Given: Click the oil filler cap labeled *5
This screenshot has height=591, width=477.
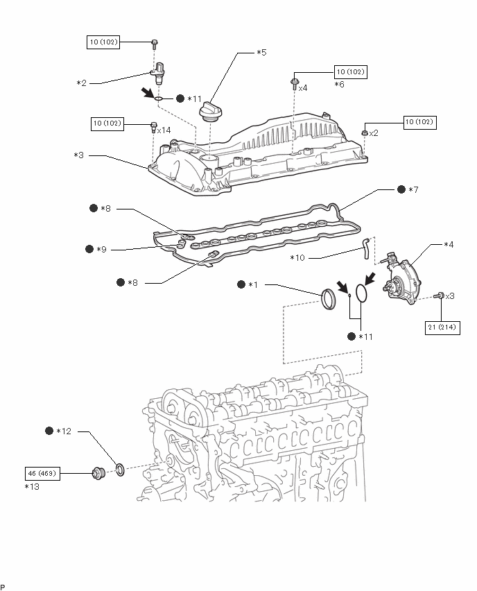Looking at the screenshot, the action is tap(210, 112).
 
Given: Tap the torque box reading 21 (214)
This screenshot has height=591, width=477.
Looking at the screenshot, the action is tap(442, 327).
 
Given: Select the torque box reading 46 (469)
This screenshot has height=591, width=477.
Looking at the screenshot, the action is tap(42, 473).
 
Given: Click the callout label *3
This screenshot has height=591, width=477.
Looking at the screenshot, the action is tap(79, 155).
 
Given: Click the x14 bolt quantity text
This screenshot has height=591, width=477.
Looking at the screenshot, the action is tap(164, 130).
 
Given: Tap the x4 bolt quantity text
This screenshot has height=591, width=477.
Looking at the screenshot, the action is tap(303, 88).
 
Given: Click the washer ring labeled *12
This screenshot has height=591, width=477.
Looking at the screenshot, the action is tap(120, 470).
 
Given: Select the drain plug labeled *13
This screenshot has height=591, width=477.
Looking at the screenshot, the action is tap(98, 472).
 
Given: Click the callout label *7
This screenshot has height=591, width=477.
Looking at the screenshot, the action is tap(413, 189).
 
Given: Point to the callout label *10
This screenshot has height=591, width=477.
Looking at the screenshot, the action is tap(297, 258).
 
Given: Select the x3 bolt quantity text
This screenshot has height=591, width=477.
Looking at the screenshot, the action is tap(450, 296).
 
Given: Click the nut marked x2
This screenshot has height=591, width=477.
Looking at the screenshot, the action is tap(365, 132).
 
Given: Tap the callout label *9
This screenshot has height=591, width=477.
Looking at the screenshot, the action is tap(101, 250).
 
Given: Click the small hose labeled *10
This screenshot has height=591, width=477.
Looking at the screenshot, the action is tap(365, 248).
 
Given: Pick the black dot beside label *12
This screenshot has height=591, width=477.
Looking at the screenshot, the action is tap(49, 431).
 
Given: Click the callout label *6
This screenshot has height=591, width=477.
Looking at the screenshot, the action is tap(340, 85).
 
